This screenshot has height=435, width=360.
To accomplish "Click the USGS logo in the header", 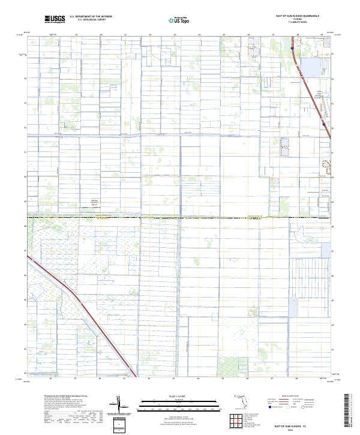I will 54,19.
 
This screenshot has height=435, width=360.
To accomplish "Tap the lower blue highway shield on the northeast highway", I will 323,124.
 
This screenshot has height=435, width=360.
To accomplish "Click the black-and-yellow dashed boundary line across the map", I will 180,217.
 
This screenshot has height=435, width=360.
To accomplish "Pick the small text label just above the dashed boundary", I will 94,203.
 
